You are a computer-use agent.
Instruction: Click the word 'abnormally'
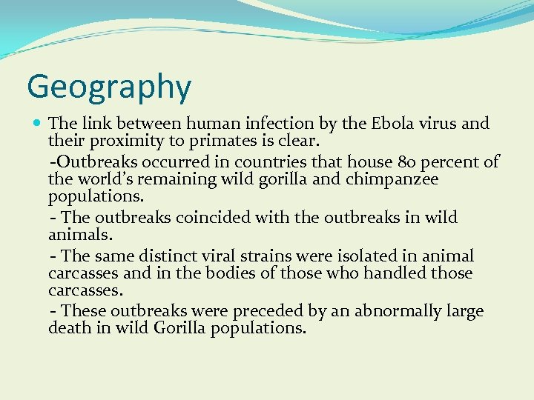click(402, 311)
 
